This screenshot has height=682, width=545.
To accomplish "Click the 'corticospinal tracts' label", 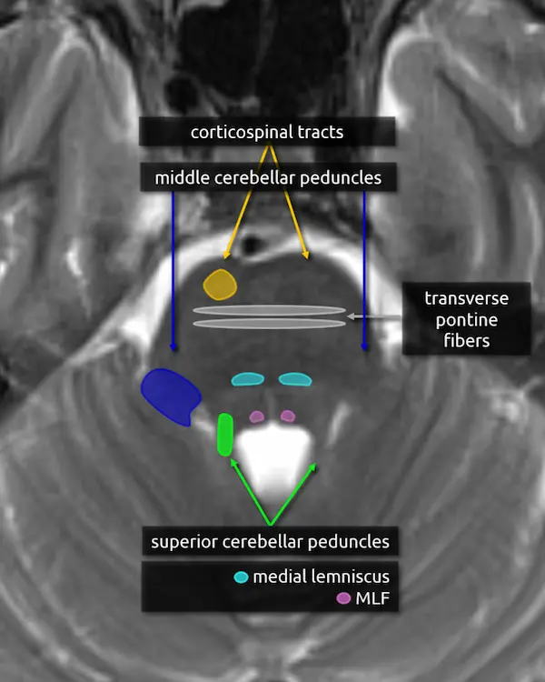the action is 267,133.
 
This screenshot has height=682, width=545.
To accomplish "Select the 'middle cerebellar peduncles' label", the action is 267,177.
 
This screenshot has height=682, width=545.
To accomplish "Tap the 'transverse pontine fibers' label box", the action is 467,319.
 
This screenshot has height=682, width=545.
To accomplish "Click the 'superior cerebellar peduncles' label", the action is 270,542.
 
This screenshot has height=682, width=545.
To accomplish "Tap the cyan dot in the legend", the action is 241,577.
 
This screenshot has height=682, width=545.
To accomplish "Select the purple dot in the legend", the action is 343,598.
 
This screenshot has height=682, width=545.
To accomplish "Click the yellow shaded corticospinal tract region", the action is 219,284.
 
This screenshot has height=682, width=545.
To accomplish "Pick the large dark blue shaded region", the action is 171,395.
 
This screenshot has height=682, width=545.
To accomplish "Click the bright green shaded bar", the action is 225,434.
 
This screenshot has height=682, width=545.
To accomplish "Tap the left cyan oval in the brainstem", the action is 246,379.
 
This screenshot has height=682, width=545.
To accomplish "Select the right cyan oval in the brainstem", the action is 294,379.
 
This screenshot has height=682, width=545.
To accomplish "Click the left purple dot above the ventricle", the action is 257,416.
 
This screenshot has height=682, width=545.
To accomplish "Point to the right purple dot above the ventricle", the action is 288,416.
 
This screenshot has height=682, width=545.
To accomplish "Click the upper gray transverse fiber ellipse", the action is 269,310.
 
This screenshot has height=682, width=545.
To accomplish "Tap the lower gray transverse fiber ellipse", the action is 269,324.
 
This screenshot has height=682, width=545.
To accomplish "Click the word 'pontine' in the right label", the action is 467,319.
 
